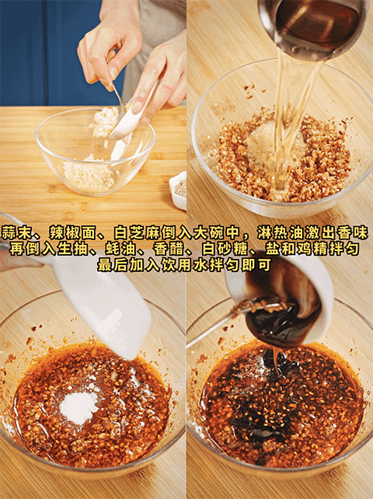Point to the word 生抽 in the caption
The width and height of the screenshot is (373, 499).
coord(72,249)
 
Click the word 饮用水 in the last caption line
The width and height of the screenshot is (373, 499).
coord(186,265)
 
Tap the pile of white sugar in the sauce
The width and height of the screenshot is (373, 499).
coord(78,407)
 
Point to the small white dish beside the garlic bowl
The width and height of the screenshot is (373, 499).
coord(178,190)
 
